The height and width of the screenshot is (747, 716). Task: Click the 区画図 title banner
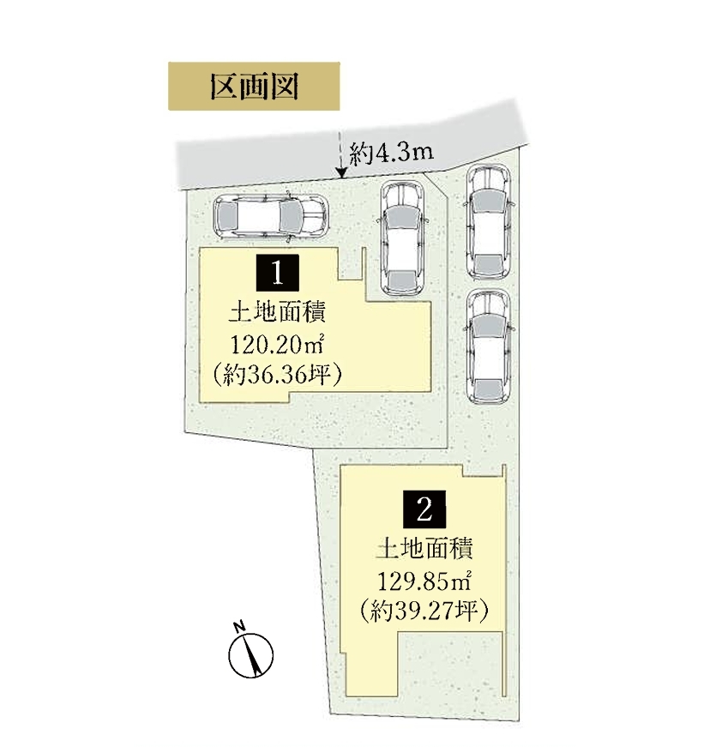click(x=254, y=87)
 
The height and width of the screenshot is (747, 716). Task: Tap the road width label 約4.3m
click(x=391, y=154)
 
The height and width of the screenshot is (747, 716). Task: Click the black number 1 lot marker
click(x=278, y=273)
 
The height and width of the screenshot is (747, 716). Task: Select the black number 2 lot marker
click(x=424, y=509)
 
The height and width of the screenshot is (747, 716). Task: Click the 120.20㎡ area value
click(x=278, y=345)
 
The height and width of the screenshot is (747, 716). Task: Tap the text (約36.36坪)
click(x=278, y=375)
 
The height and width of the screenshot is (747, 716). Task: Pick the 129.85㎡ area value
click(x=424, y=581)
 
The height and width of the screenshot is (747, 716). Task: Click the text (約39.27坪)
click(x=424, y=611)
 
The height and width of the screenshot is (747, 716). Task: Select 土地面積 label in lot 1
click(x=278, y=313)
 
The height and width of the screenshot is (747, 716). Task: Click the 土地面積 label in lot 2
click(x=424, y=549)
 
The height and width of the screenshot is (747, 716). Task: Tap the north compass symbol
click(x=250, y=655)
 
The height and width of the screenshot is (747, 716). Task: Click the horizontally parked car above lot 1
click(x=271, y=216)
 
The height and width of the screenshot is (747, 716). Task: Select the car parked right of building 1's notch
click(x=402, y=238)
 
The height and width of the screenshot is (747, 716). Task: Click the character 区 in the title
click(x=225, y=87)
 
